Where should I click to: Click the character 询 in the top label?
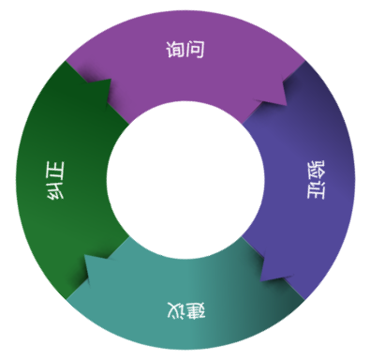[x=175, y=50]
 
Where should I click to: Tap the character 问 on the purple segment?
[x=195, y=50]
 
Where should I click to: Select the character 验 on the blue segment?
[x=316, y=171]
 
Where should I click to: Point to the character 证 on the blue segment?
[x=316, y=189]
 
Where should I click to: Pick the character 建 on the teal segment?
[x=196, y=311]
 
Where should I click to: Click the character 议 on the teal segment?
[x=176, y=311]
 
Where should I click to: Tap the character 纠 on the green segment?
[x=55, y=190]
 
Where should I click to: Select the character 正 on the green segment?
[x=55, y=171]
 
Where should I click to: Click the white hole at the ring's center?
[x=185, y=180]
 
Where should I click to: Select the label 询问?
[x=185, y=50]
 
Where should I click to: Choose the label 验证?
[x=316, y=180]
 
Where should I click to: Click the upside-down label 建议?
[x=186, y=311]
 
